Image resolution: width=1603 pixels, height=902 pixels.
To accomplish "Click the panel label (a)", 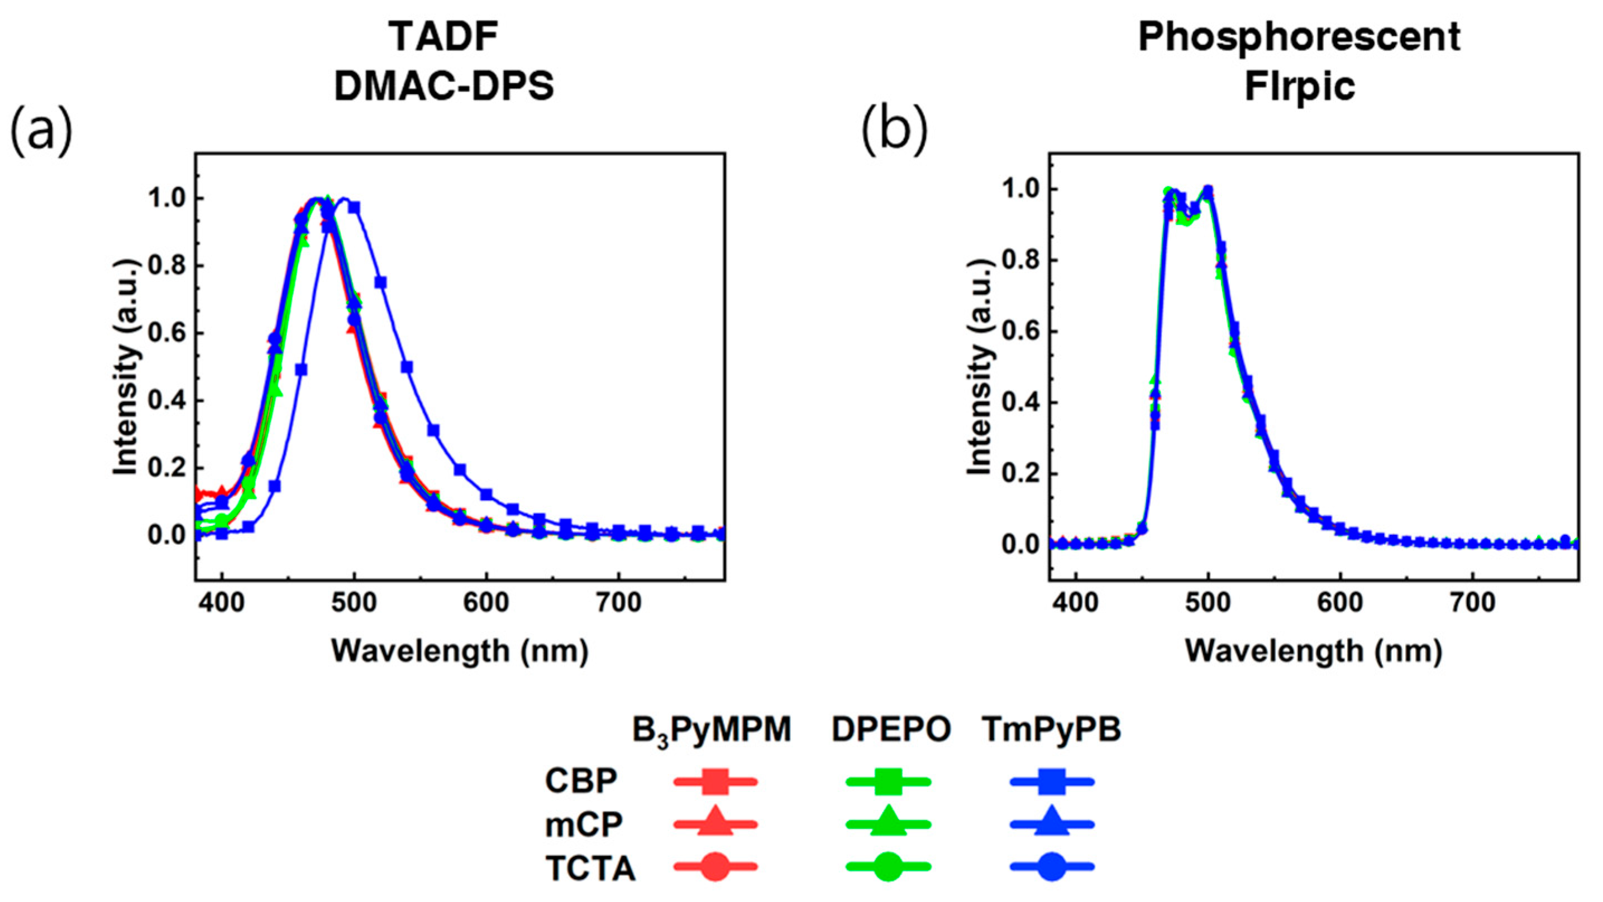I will click(x=41, y=131).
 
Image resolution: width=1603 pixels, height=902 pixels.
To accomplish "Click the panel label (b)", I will click(x=894, y=131).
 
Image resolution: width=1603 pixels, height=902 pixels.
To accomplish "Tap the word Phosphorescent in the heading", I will click(x=1299, y=37).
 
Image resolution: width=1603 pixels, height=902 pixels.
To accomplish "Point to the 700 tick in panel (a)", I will click(x=617, y=603).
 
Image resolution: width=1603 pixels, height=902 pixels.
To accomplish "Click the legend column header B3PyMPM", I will click(x=711, y=730).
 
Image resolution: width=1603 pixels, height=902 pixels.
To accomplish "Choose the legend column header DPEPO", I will click(x=890, y=730).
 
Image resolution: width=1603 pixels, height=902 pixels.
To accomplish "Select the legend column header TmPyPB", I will click(x=1052, y=730).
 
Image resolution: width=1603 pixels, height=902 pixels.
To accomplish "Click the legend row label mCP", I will click(x=583, y=825).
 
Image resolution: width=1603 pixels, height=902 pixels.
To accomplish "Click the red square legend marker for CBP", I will click(x=715, y=782).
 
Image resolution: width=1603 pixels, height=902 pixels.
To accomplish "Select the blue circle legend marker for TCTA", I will click(x=1052, y=866).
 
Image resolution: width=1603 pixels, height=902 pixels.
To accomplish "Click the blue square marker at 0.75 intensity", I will click(x=381, y=282).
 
